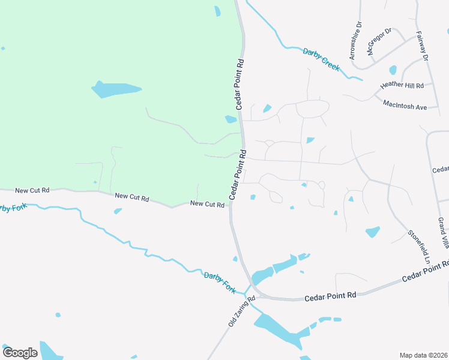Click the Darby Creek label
(x=322, y=59)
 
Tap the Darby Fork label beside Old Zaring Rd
(x=220, y=283)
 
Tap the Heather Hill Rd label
(x=402, y=86)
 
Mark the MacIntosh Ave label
(x=405, y=104)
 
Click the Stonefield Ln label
(x=419, y=247)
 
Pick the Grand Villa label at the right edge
(x=442, y=233)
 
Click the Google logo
(x=20, y=353)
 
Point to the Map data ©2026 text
(x=424, y=355)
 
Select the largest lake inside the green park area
(x=115, y=89)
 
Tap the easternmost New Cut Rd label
(x=207, y=204)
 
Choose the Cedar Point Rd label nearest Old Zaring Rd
(x=330, y=296)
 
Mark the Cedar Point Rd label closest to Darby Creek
(x=240, y=83)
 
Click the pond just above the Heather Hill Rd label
(x=393, y=70)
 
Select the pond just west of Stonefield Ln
(x=373, y=232)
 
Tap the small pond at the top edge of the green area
(x=217, y=11)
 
